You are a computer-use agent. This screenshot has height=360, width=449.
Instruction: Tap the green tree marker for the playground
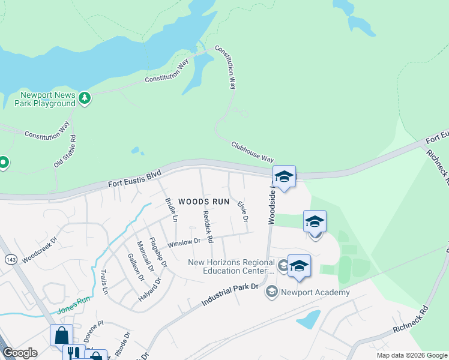(x=85, y=98)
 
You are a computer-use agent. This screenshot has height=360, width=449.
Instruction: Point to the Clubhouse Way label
(x=252, y=152)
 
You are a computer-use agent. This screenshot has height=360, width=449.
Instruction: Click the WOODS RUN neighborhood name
(x=204, y=202)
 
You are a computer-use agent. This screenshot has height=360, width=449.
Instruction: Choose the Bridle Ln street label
(x=170, y=209)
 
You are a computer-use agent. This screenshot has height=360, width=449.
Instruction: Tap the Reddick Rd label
(x=208, y=226)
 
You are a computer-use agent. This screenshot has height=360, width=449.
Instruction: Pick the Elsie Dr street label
(x=243, y=212)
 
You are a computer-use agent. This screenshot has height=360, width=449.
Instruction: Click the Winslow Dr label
(x=184, y=243)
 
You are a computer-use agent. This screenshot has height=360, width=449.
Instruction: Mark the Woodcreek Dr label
(x=40, y=250)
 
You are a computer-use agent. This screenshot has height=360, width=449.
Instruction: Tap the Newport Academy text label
(x=315, y=292)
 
